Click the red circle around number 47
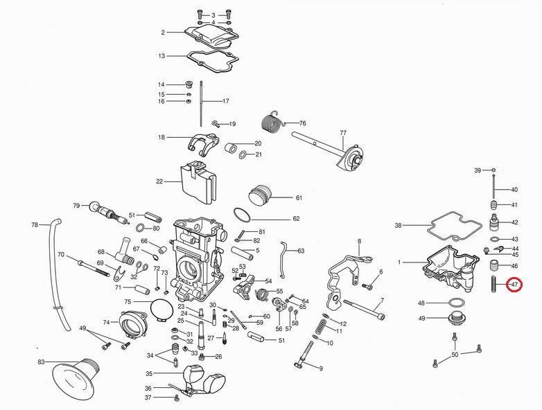click(514, 284)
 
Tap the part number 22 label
click(159, 182)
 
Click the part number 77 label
click(342, 132)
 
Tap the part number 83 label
click(41, 363)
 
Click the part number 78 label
click(35, 225)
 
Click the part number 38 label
click(398, 225)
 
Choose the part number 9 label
click(321, 368)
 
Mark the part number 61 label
click(299, 197)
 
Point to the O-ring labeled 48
click(454, 303)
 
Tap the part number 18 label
click(161, 138)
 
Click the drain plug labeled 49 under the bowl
click(455, 319)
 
